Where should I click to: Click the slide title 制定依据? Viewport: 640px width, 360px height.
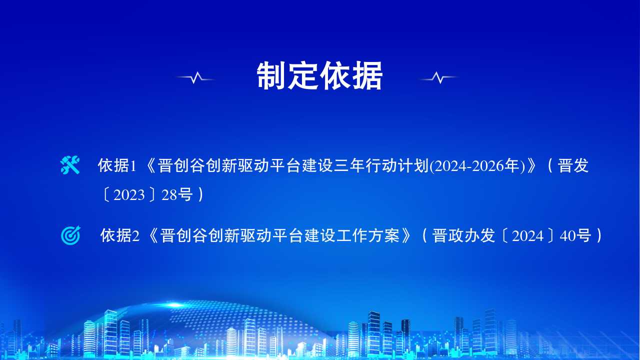coord(319,75)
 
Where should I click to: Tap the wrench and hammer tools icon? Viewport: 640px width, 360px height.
coord(70,165)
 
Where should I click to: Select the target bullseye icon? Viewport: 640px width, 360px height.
coord(70,235)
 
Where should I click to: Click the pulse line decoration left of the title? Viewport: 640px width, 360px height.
coord(195,77)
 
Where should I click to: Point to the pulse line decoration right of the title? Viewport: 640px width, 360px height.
coord(439,77)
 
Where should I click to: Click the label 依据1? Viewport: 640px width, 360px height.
coord(117,165)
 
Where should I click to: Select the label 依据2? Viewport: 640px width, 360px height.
coord(119,235)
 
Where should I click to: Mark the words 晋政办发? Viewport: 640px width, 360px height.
coord(463,235)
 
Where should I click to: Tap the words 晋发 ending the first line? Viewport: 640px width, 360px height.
coord(573,165)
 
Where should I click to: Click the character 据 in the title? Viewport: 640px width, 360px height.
coord(367,75)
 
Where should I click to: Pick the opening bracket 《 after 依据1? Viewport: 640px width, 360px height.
coord(149,165)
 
